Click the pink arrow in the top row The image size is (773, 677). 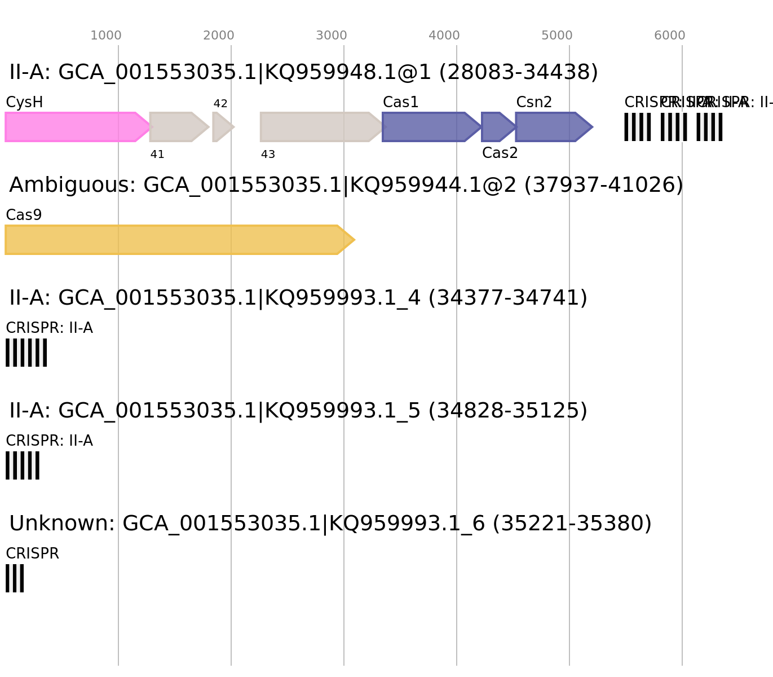tap(73, 127)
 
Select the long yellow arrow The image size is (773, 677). tap(175, 240)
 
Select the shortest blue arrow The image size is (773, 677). tap(495, 127)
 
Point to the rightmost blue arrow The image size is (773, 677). tap(550, 127)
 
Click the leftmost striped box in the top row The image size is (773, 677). tap(637, 127)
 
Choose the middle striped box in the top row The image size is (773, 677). tap(674, 127)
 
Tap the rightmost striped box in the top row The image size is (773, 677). tap(709, 127)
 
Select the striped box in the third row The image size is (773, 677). tap(26, 353)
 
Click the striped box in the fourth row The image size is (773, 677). tap(23, 465)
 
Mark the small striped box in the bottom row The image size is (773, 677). tap(15, 578)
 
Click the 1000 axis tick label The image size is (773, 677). tap(106, 36)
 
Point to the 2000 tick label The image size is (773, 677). tap(219, 36)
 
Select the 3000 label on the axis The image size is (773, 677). tap(332, 36)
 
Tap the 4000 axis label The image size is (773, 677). tap(444, 36)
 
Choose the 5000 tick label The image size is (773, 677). tap(557, 36)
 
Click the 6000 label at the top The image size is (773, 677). tap(670, 36)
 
